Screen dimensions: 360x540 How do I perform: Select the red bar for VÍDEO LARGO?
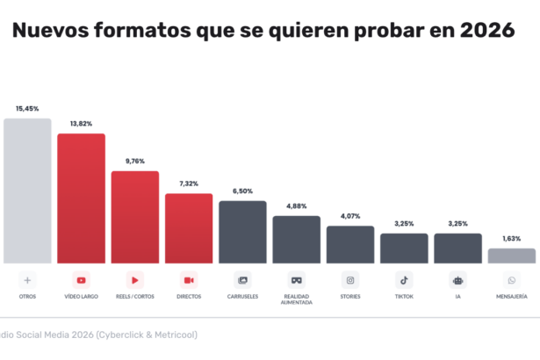coord(81,198)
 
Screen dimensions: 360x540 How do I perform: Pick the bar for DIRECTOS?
coord(189,228)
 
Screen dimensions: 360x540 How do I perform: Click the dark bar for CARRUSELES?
coord(242,232)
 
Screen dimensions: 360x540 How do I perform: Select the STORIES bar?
coord(350,244)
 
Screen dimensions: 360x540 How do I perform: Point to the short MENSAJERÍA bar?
coord(512,256)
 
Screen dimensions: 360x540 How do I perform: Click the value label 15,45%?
coord(27,109)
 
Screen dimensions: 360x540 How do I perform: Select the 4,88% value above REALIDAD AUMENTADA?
coord(297,206)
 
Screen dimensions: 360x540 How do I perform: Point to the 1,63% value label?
coord(512,239)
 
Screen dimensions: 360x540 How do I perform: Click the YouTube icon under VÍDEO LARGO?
coord(82,280)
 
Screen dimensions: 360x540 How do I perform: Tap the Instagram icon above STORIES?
coord(350,280)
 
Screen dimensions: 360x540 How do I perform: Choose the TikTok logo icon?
coord(404,280)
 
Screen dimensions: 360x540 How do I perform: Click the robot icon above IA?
coord(457,280)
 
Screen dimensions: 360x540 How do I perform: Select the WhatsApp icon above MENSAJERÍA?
coord(512,280)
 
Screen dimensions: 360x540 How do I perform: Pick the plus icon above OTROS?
coord(27,280)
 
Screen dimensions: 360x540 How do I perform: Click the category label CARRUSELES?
coord(242,297)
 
